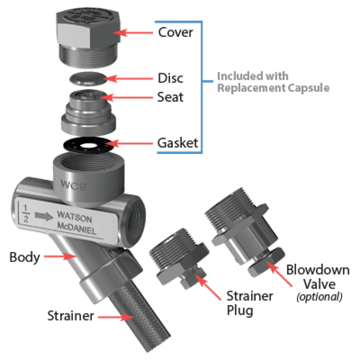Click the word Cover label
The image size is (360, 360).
[x=175, y=32]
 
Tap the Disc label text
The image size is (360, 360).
[x=171, y=78]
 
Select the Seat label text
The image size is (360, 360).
[x=171, y=96]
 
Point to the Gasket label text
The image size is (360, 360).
[x=178, y=143]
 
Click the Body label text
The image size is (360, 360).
[x=25, y=257]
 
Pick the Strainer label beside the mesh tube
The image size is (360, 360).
[x=71, y=316]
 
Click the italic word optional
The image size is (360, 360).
[x=320, y=297]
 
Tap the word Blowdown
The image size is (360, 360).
[x=318, y=270]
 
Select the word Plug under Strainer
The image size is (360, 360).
[x=240, y=311]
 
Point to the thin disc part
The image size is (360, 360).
[x=86, y=79]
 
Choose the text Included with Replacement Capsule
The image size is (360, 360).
[x=273, y=82]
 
